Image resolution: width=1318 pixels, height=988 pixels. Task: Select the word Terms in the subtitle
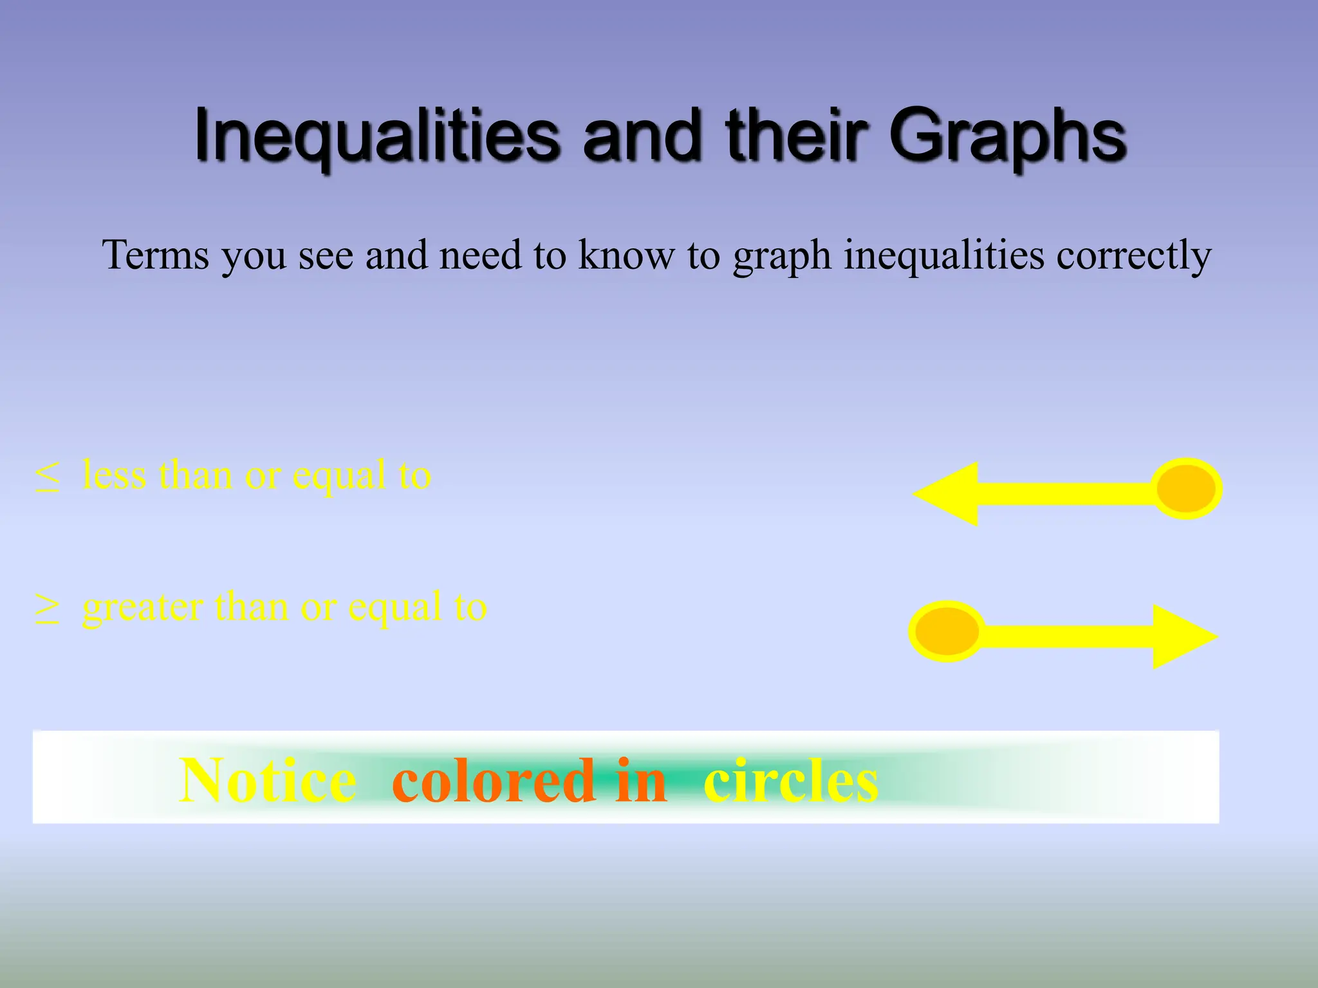pyautogui.click(x=156, y=255)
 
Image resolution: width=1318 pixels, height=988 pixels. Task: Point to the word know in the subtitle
pyautogui.click(x=627, y=255)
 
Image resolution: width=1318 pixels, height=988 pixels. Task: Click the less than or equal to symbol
pyautogui.click(x=48, y=477)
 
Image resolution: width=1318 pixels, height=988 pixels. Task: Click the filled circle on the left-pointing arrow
pyautogui.click(x=1185, y=489)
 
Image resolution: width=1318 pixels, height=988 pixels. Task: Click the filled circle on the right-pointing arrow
pyautogui.click(x=947, y=632)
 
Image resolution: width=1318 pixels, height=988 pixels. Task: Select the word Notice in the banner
pyautogui.click(x=268, y=780)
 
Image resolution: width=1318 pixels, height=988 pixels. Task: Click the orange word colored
pyautogui.click(x=494, y=780)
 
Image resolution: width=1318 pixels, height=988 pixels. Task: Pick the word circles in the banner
pyautogui.click(x=791, y=780)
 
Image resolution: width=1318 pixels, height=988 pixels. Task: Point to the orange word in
pyautogui.click(x=641, y=780)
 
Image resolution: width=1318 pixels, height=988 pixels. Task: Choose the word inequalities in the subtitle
pyautogui.click(x=943, y=255)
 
